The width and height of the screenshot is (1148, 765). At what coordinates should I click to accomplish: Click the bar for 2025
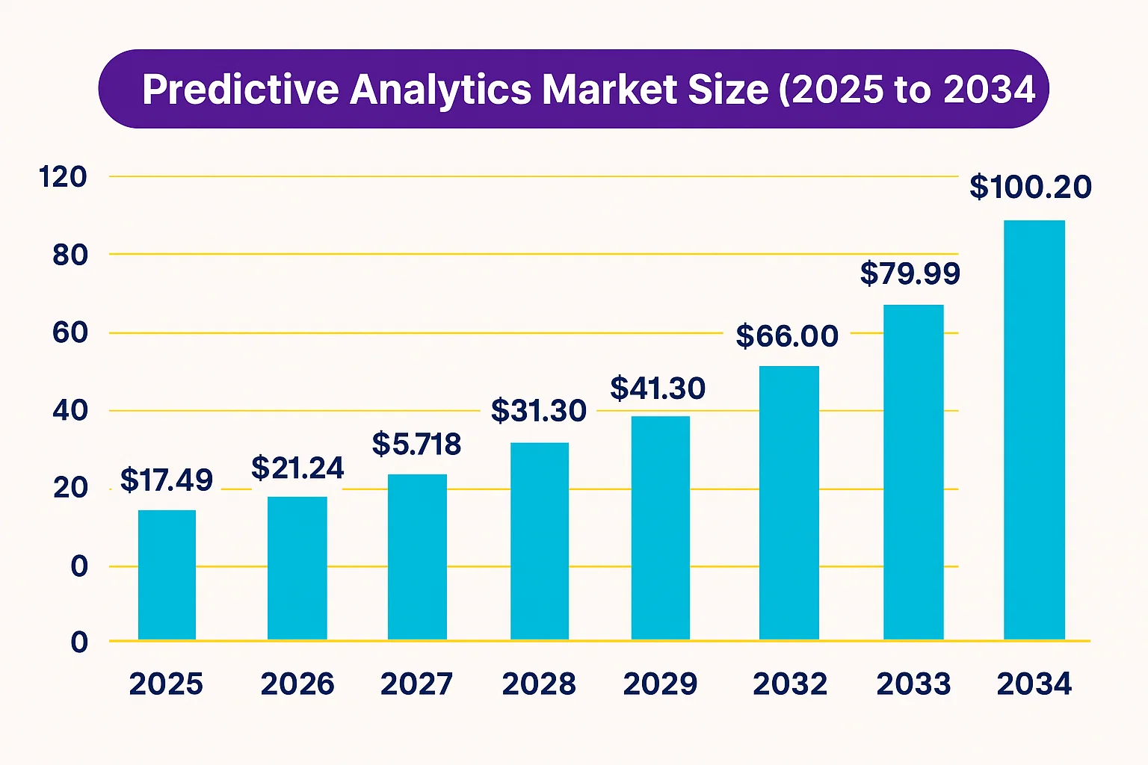click(167, 574)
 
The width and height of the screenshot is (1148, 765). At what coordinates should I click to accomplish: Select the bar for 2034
click(1034, 430)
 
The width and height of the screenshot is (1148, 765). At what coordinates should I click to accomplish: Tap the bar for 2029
click(660, 527)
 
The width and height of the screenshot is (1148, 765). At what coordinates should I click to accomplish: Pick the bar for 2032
click(789, 502)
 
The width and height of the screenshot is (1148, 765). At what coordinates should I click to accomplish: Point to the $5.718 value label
click(416, 445)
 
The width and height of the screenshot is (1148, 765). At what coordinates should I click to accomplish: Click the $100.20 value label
click(1030, 187)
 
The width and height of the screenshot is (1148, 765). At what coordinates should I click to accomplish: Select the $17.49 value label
click(166, 480)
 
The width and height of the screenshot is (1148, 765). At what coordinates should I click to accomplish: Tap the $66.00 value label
click(787, 336)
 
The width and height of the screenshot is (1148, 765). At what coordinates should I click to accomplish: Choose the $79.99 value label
click(910, 273)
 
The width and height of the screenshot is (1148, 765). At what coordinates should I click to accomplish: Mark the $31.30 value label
click(538, 411)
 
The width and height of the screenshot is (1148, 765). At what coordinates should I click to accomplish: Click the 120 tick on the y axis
click(63, 177)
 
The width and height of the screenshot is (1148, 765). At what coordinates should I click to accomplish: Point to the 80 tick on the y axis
click(70, 255)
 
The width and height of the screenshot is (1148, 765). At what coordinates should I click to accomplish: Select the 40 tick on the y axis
click(70, 410)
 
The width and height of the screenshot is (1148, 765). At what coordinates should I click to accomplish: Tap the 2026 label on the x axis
click(297, 684)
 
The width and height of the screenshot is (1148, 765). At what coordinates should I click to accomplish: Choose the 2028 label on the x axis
click(538, 684)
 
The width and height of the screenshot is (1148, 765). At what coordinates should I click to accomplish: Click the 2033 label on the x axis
click(913, 684)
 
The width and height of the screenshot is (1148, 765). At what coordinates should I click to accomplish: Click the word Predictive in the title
click(241, 90)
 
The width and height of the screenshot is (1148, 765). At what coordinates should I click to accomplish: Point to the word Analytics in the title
click(440, 90)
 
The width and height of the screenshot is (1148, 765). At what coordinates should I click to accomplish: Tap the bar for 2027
click(417, 557)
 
